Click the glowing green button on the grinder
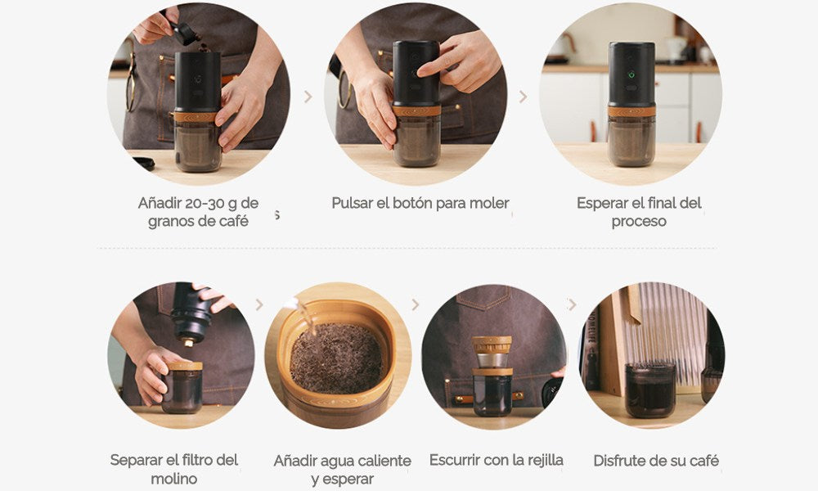pyautogui.click(x=631, y=74)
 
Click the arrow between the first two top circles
pyautogui.click(x=308, y=97)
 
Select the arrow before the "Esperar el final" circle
pyautogui.click(x=523, y=97)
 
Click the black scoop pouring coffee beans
pyautogui.click(x=184, y=33)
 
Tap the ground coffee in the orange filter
pyautogui.click(x=336, y=358)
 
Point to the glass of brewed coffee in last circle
pyautogui.click(x=650, y=390)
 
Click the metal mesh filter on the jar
pyautogui.click(x=492, y=359)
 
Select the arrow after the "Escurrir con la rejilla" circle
pyautogui.click(x=572, y=304)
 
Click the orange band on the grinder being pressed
pyautogui.click(x=416, y=110)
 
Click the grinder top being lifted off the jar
pyautogui.click(x=191, y=313)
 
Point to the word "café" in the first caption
pyautogui.click(x=233, y=221)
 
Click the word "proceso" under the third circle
pyautogui.click(x=639, y=221)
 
